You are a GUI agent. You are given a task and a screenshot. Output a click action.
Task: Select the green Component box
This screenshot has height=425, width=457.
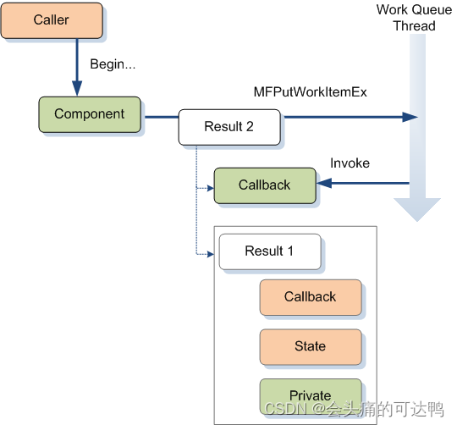(x=89, y=114)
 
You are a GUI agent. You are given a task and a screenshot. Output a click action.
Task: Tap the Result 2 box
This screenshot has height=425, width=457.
(x=228, y=127)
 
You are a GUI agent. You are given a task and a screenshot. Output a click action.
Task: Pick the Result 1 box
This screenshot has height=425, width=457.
(x=269, y=251)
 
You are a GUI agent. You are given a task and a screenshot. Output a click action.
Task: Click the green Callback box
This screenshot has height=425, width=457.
(x=264, y=185)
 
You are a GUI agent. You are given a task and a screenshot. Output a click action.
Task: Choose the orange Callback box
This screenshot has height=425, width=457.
(x=310, y=297)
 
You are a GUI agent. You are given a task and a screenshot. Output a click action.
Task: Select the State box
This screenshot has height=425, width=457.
(x=310, y=346)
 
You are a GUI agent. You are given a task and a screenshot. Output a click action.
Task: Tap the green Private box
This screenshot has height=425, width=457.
(x=310, y=395)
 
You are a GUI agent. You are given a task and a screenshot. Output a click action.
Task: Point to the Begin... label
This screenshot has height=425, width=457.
(x=113, y=64)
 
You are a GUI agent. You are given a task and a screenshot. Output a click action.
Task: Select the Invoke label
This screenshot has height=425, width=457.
(x=350, y=163)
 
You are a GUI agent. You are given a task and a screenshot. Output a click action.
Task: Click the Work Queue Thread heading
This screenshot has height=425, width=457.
(x=414, y=18)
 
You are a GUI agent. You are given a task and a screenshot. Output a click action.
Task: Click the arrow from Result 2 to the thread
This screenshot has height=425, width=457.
(x=347, y=117)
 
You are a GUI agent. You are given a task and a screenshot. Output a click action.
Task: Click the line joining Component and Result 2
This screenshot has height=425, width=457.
(x=161, y=117)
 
